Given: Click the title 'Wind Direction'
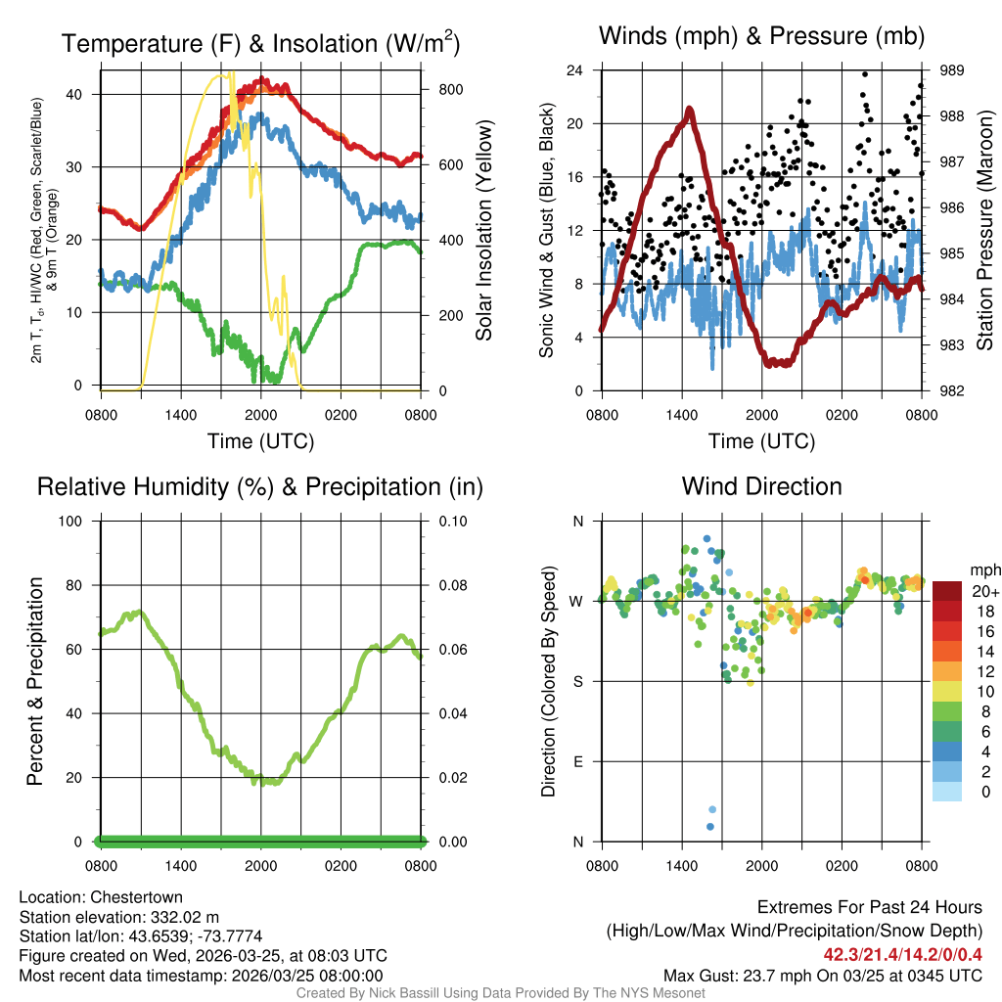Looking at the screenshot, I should [761, 486].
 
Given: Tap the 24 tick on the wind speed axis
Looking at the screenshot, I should [574, 70].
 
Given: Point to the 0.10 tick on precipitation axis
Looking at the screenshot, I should [452, 521].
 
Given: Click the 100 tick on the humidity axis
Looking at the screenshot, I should [76, 521].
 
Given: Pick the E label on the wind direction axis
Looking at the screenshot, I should [576, 761].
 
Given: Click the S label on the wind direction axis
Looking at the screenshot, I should [576, 681].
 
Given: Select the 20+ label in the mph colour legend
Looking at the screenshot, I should [983, 591].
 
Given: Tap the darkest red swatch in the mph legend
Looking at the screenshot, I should [947, 591].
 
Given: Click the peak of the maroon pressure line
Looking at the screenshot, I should [690, 109].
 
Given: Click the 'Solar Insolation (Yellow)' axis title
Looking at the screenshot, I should [483, 231].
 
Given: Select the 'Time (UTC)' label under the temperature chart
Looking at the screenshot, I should [260, 441].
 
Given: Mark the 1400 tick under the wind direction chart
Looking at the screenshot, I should [681, 866].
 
